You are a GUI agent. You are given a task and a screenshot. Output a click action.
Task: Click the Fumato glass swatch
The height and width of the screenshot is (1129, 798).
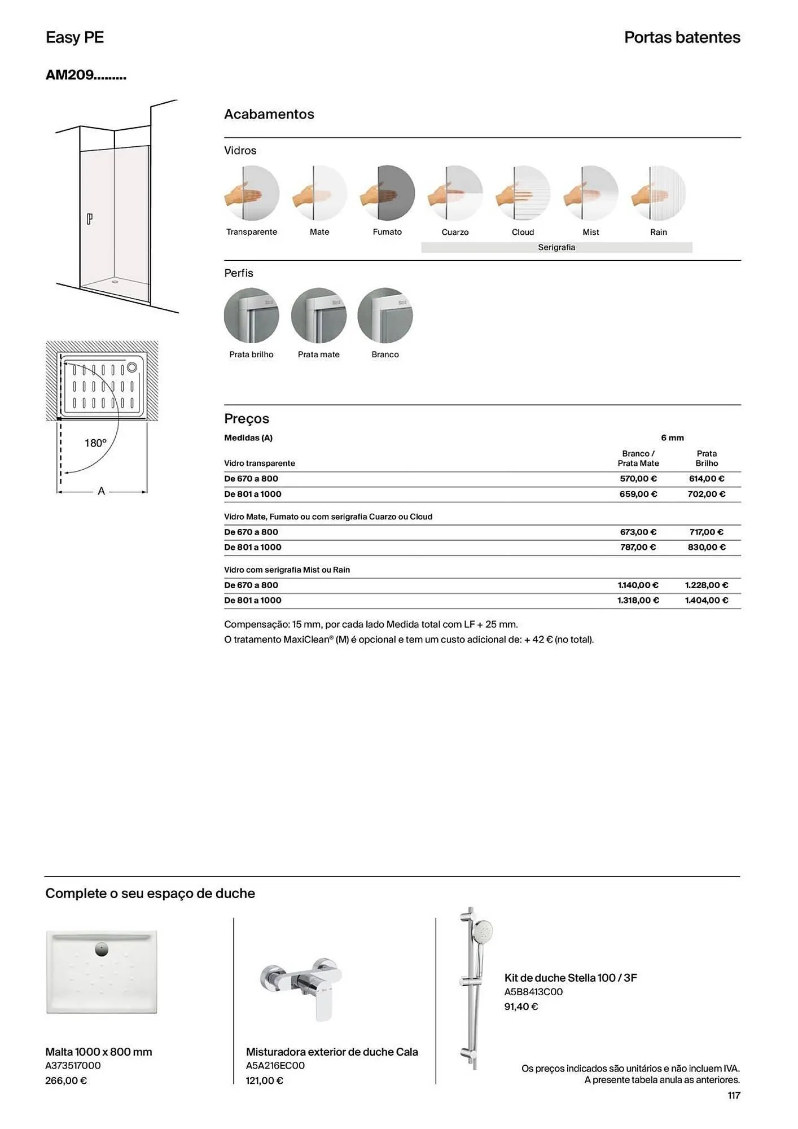point(388,193)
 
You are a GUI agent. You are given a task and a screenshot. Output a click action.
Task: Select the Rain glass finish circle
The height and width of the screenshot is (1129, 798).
point(659,193)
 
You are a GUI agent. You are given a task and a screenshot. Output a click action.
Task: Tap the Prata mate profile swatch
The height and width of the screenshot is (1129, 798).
point(318,316)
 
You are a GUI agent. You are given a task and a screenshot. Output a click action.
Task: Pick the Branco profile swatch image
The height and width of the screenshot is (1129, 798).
point(385,316)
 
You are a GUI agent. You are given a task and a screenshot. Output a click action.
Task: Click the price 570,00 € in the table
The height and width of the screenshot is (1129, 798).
point(638,479)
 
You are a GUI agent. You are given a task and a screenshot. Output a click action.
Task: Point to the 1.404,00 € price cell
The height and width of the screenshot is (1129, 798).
point(707,601)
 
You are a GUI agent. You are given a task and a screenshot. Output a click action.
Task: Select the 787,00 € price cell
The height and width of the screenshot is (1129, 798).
point(638,547)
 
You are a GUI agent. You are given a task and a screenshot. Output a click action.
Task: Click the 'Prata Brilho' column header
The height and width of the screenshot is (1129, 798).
point(707,458)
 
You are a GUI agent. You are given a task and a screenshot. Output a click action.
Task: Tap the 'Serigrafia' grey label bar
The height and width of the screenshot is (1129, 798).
point(556,247)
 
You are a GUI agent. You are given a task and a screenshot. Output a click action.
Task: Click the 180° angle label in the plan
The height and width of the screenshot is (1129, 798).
point(95,443)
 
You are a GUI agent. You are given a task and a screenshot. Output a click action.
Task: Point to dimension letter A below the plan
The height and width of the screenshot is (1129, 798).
point(101,491)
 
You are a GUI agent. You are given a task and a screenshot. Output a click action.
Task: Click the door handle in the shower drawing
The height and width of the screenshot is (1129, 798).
point(89,219)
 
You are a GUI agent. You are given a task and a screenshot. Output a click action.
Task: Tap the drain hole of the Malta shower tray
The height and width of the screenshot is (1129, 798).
point(102,949)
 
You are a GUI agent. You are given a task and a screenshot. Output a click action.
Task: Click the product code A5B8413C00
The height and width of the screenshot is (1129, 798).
point(533,992)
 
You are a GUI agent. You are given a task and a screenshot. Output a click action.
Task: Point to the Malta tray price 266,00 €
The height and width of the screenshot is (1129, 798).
point(66,1080)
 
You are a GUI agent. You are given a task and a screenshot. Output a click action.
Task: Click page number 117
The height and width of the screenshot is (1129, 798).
point(734,1095)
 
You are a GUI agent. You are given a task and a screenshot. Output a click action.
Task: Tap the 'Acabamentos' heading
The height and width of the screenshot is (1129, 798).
point(269,114)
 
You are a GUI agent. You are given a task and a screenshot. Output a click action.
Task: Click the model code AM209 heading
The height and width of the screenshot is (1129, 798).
point(86,75)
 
